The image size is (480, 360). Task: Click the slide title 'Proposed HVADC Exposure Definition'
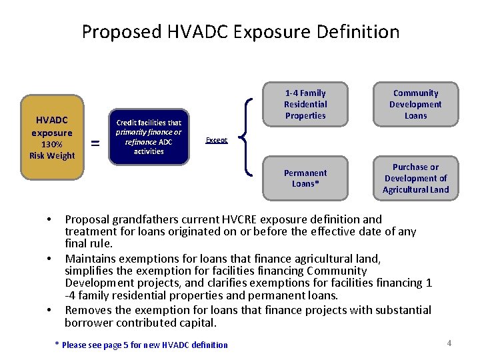coord(240,31)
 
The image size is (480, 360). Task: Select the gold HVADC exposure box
coord(52,137)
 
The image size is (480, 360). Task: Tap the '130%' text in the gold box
coord(52,145)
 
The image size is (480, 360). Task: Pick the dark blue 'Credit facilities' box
coord(149,137)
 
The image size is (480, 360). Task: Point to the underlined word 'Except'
coord(216,140)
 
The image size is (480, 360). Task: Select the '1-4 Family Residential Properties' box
coord(305,105)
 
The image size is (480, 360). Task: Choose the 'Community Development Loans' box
coord(415,105)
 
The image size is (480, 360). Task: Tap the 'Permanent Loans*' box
coord(305,178)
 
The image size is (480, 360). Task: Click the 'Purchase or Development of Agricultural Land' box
coord(415,178)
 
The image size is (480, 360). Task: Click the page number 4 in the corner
coord(449,343)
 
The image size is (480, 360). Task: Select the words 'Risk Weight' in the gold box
coord(52,155)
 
